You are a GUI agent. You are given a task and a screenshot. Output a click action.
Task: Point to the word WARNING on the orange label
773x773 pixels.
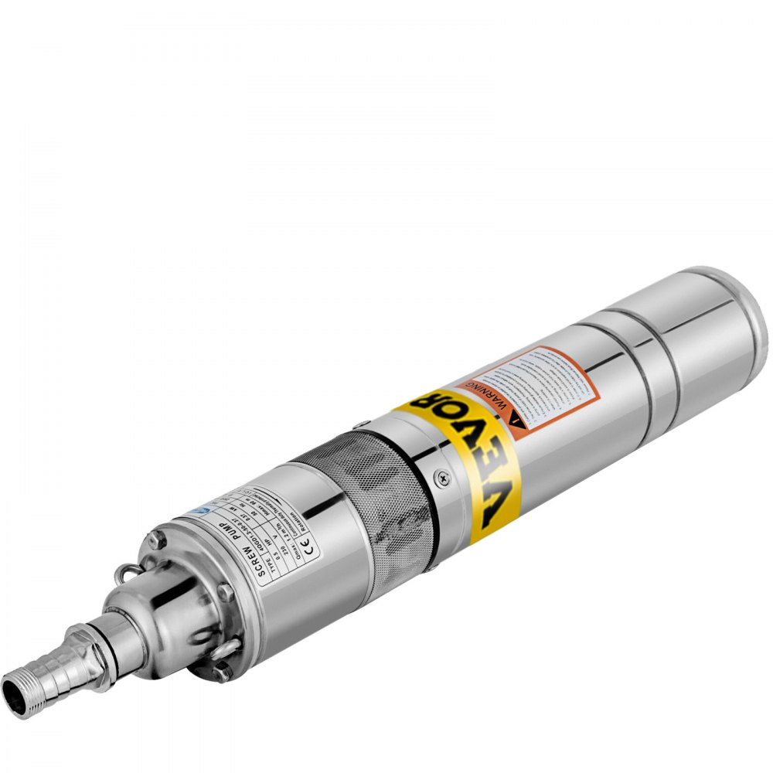495,397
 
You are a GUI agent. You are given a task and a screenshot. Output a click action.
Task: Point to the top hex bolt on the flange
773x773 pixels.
154,540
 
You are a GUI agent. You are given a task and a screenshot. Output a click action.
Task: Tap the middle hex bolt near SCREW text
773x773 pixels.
225,593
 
